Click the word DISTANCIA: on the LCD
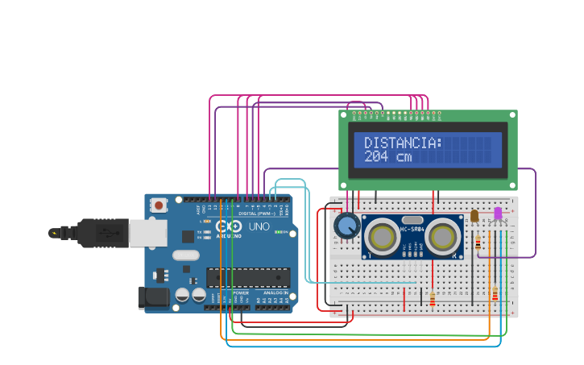(403, 143)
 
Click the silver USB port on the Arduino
(147, 233)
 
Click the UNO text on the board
(259, 227)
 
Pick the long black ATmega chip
(247, 277)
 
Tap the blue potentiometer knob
(347, 226)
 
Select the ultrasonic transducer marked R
(443, 237)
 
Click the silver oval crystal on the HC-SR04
(412, 219)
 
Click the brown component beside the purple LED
(474, 215)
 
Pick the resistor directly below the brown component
(478, 243)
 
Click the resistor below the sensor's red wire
(432, 299)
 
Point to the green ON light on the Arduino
(277, 232)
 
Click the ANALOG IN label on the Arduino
(275, 292)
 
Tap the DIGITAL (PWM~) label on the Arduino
(253, 213)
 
